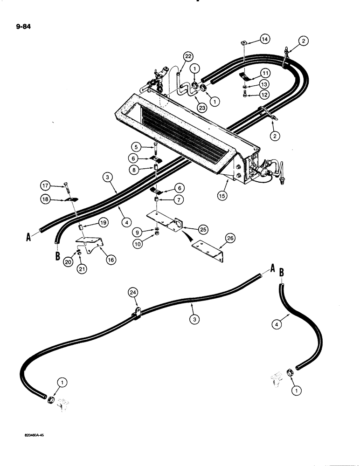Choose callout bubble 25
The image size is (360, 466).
click(x=202, y=229)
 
